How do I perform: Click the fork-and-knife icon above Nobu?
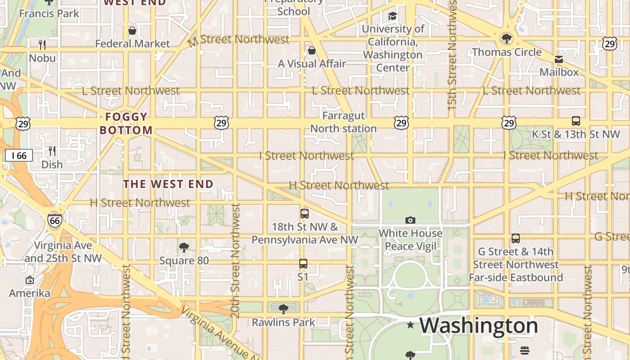click(x=42, y=45)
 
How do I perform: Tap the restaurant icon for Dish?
click(x=52, y=151)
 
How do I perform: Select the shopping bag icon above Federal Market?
click(x=132, y=31)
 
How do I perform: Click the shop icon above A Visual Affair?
click(x=311, y=50)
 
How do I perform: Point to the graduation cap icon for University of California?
click(x=392, y=16)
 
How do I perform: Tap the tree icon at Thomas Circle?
click(x=507, y=39)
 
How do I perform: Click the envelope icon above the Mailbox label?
click(x=558, y=59)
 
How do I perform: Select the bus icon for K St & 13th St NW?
click(x=576, y=121)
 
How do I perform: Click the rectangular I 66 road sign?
click(x=19, y=156)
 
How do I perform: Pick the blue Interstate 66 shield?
click(x=54, y=220)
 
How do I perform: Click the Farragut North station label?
click(x=343, y=122)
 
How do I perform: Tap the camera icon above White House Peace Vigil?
click(x=410, y=220)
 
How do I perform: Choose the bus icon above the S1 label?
click(x=303, y=264)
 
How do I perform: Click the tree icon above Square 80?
click(x=184, y=247)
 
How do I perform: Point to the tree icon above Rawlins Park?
click(x=283, y=309)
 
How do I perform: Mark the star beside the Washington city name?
click(x=410, y=325)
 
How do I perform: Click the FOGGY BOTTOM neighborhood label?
click(x=126, y=124)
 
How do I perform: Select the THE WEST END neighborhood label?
click(x=168, y=184)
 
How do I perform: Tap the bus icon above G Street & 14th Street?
click(x=516, y=238)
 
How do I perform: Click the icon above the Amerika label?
click(x=30, y=280)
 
